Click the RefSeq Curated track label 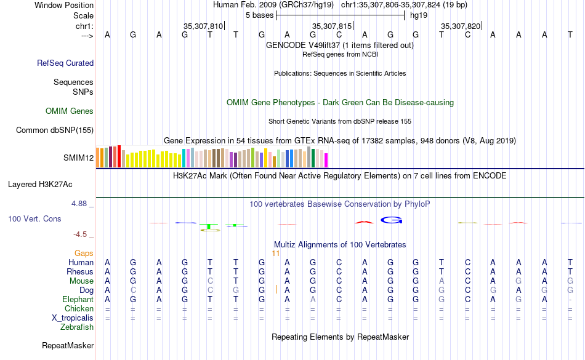tap(65, 63)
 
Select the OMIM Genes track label tap(70, 111)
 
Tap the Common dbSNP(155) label tap(55, 130)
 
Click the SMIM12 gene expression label tap(78, 158)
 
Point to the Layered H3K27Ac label tap(40, 184)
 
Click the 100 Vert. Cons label tap(34, 218)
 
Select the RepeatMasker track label tap(68, 346)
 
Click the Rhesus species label tap(81, 271)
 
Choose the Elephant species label tap(78, 299)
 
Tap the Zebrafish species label tap(78, 327)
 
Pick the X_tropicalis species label tap(73, 318)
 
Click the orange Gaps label tap(84, 253)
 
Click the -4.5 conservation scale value tap(80, 234)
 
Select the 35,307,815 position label tap(332, 26)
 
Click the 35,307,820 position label tap(461, 26)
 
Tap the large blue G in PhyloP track tap(391, 220)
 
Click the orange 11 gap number tap(276, 253)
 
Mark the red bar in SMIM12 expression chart tap(118, 156)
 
